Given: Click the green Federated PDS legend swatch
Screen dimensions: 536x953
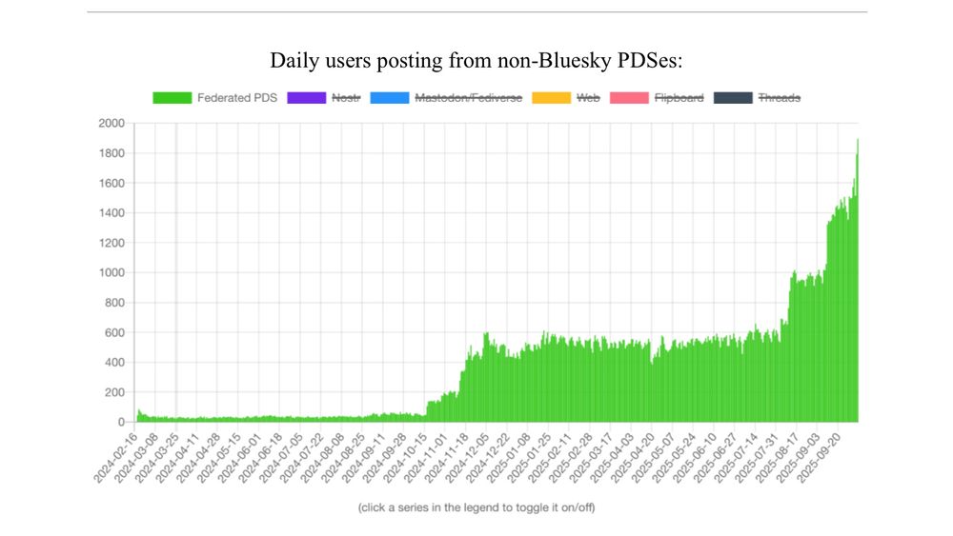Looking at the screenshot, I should click(172, 98).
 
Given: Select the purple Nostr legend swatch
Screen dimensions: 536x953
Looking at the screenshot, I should click(307, 98).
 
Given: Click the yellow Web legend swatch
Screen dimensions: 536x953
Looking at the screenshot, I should click(552, 98).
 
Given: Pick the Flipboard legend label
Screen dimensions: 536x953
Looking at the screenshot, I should click(679, 98).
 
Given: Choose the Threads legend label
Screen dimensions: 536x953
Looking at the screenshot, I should click(779, 98).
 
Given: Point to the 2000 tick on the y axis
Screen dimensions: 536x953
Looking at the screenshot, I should click(112, 124).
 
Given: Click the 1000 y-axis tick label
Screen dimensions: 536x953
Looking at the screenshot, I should click(112, 273).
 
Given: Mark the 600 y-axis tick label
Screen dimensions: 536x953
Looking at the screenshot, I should click(115, 332).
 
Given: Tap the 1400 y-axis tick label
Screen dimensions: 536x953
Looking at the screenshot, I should click(112, 213).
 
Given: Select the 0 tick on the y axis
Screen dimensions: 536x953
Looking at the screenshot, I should click(121, 422).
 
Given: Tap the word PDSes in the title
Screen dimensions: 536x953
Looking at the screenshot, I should click(649, 62).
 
